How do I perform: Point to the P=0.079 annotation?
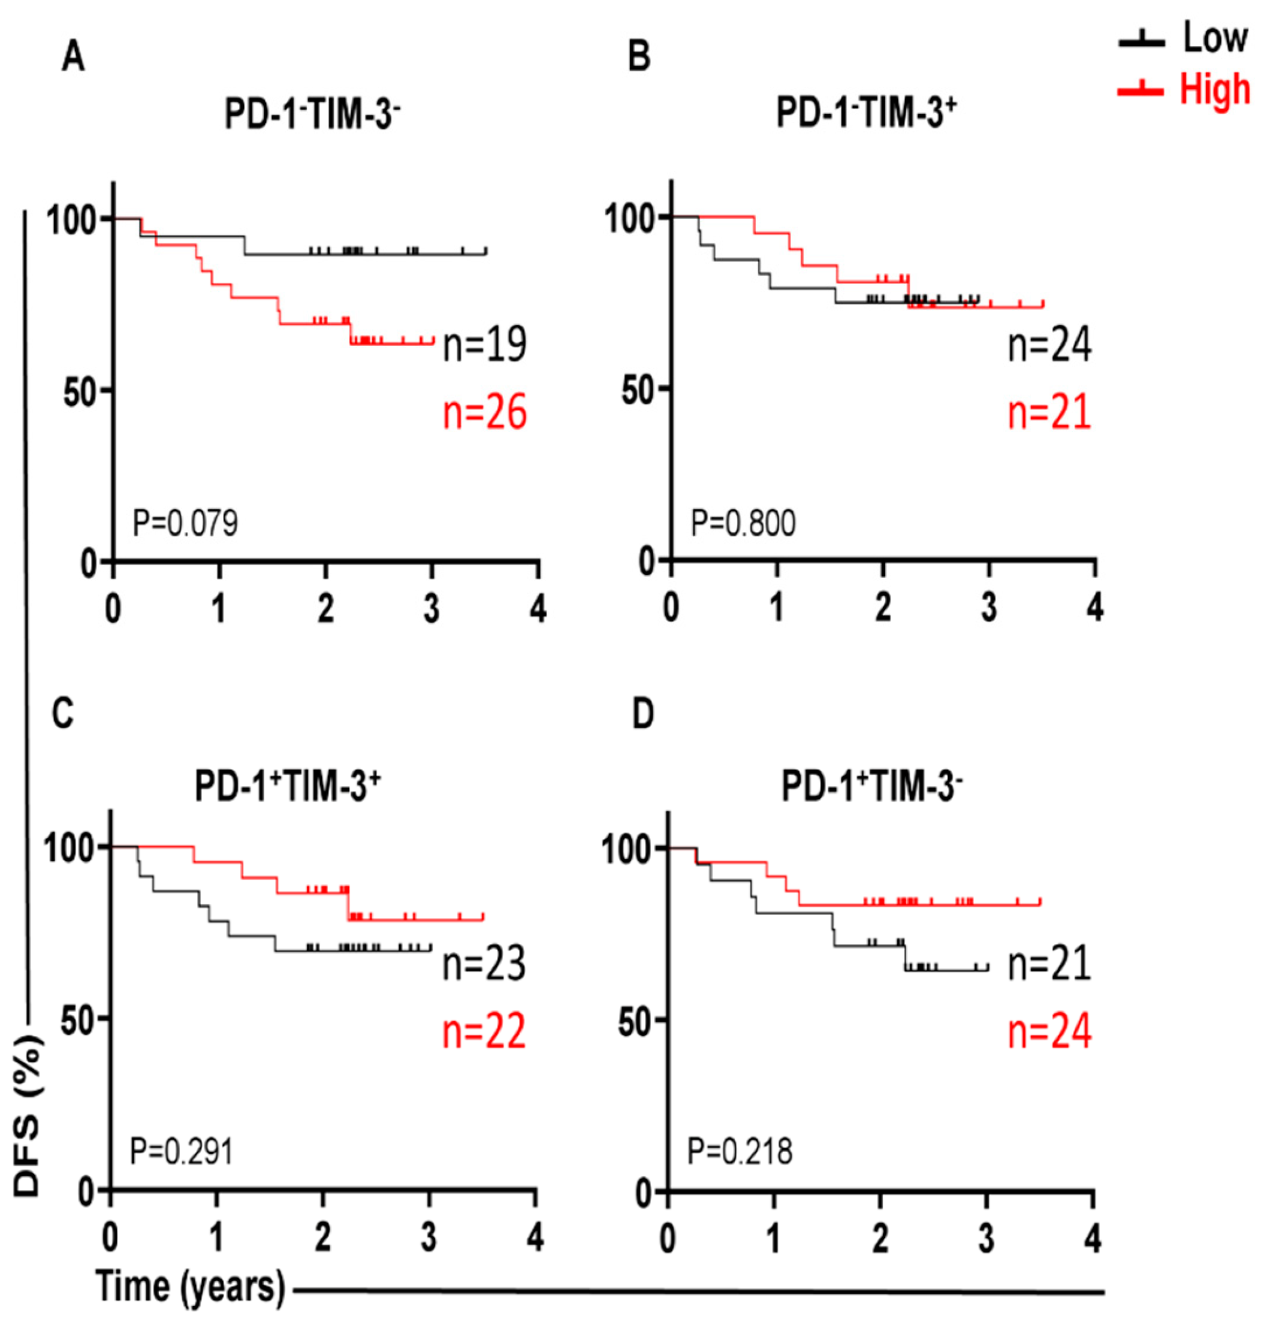185,523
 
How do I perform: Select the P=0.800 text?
743,523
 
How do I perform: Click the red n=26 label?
484,413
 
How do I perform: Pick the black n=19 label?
484,345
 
